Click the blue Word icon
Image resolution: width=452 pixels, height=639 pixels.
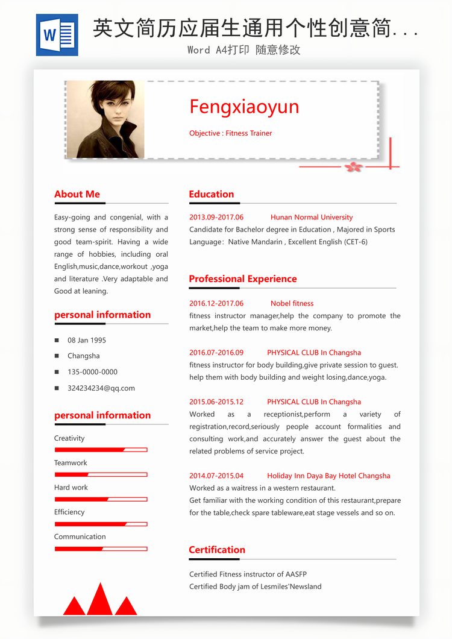point(57,35)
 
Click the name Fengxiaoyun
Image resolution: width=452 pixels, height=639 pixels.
point(244,107)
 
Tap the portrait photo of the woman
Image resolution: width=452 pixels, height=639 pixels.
point(105,119)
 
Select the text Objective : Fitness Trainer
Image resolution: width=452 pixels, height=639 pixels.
point(230,133)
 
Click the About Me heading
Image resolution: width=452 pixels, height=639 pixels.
point(77,194)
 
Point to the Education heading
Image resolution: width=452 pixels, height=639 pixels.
point(211,194)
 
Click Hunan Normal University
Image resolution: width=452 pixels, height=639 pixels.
point(312,217)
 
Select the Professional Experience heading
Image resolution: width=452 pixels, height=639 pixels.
point(243,279)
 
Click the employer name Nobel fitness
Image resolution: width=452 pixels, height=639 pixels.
point(292,303)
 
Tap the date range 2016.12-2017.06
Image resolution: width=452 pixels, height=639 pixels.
point(216,303)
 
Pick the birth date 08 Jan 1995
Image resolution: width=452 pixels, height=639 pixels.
point(87,340)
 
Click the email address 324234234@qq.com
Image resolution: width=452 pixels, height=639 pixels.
point(101,388)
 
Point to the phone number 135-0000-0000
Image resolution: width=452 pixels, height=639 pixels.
point(92,372)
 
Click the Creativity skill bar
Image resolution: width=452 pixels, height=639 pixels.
point(101,450)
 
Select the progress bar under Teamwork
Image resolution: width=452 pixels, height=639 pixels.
point(101,474)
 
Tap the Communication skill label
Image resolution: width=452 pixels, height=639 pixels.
point(80,537)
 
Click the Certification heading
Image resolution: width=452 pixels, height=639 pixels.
point(217,550)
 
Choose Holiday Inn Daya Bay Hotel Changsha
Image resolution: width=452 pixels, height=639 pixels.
point(328,476)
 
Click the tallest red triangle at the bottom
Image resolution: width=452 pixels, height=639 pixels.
point(100,600)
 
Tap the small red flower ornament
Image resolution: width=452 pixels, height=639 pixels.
point(354,167)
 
